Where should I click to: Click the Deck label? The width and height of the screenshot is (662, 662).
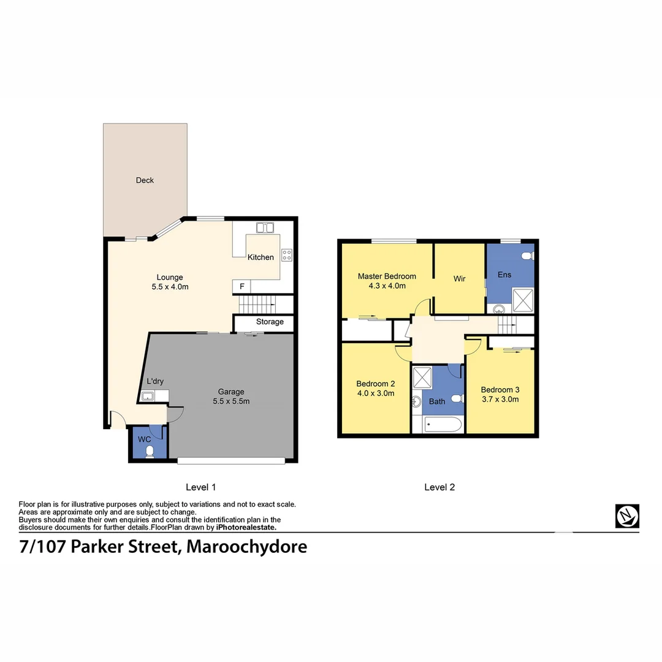pos(145,180)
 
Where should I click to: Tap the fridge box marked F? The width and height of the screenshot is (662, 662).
pos(242,286)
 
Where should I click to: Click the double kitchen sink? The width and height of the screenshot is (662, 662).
pos(265,228)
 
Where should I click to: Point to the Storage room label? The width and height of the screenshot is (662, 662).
pos(270,322)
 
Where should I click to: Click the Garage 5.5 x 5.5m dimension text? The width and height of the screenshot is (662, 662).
pos(231,401)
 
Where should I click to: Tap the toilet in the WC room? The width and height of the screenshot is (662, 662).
pos(150,452)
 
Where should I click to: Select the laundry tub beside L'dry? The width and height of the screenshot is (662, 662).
pos(148,396)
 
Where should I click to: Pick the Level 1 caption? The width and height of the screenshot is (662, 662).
pos(200,487)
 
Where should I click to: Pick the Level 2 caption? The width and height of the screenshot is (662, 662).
pos(439,487)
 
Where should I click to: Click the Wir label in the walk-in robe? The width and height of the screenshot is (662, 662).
pos(459,279)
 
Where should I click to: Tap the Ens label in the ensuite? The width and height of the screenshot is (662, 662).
pos(504,275)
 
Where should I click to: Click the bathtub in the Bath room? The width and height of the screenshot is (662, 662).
pos(443,424)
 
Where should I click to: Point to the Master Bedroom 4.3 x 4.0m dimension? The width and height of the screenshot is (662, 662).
pos(387,285)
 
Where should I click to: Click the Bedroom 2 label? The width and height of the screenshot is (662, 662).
pos(375,384)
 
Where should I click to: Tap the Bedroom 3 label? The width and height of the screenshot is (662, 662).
pos(500,390)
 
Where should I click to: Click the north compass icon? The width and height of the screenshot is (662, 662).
pos(627,516)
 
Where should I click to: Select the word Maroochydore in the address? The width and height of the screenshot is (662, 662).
pos(246,547)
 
